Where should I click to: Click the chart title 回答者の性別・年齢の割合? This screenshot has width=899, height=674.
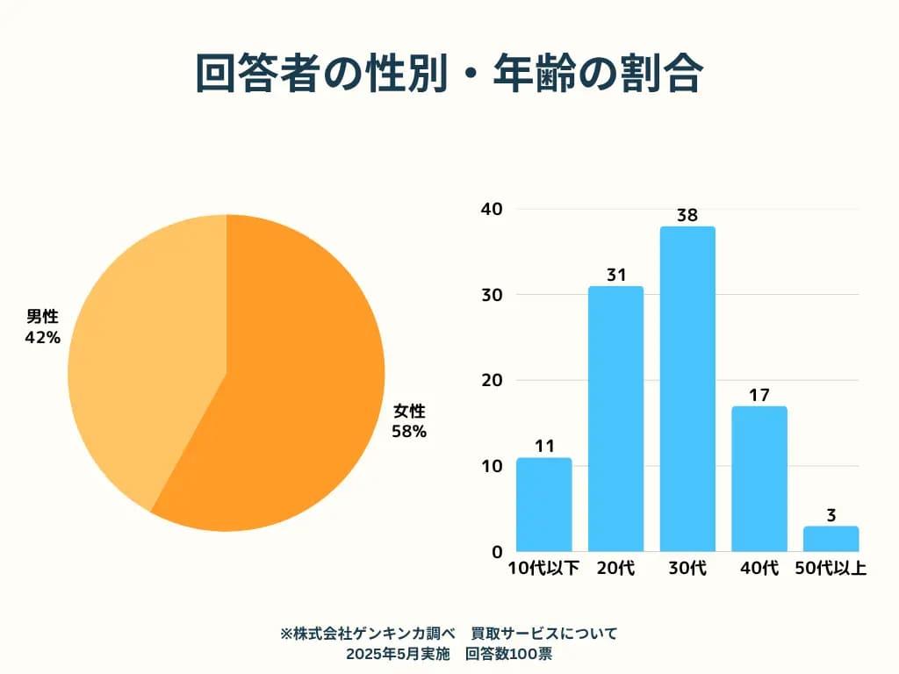[x=449, y=75]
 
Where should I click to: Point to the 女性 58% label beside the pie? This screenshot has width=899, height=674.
[x=409, y=421]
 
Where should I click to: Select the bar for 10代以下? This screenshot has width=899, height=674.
[x=544, y=505]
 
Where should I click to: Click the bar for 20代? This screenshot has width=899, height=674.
[x=615, y=419]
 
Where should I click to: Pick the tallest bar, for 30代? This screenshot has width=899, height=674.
[x=687, y=389]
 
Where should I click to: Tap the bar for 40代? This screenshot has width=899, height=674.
[x=759, y=478]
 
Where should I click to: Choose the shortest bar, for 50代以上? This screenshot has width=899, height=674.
[x=831, y=539]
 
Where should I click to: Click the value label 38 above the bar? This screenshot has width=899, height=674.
[x=687, y=215]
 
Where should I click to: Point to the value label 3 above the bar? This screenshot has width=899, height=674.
[x=831, y=514]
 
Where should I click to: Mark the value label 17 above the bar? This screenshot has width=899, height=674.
[x=759, y=395]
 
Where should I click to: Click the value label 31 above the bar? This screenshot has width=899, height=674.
[x=615, y=275]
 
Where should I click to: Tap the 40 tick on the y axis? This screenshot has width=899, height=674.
[x=492, y=209]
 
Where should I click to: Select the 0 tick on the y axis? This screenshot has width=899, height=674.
[x=497, y=552]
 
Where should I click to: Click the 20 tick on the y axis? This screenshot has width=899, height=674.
[x=492, y=380]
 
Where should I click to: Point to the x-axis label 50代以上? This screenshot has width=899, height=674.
[x=831, y=569]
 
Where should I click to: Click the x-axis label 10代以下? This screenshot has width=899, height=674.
[x=544, y=569]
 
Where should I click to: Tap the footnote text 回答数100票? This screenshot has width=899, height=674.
[x=508, y=654]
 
